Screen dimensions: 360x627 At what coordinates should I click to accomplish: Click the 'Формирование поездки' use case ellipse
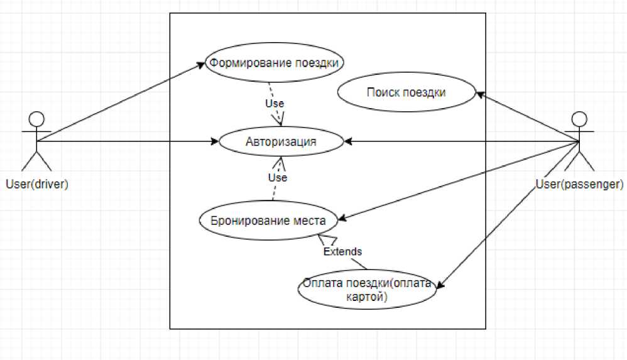click(x=276, y=63)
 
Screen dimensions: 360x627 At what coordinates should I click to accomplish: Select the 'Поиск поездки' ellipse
click(x=406, y=93)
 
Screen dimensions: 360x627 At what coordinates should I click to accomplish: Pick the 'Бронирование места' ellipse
click(x=268, y=221)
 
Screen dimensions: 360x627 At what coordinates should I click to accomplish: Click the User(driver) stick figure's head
click(x=37, y=119)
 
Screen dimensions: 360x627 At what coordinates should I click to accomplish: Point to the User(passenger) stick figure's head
click(x=579, y=119)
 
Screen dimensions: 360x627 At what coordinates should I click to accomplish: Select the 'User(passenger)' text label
click(x=579, y=184)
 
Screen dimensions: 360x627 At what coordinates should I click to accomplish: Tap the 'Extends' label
click(x=342, y=251)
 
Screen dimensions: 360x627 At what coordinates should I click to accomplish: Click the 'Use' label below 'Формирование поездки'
click(x=275, y=103)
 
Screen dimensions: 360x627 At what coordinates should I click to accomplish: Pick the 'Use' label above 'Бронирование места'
click(x=277, y=178)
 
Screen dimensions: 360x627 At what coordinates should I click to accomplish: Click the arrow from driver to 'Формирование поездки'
click(x=119, y=102)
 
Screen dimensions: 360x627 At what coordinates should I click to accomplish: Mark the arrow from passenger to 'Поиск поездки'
click(x=528, y=118)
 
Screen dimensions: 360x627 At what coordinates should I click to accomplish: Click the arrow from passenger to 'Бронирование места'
click(x=459, y=182)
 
